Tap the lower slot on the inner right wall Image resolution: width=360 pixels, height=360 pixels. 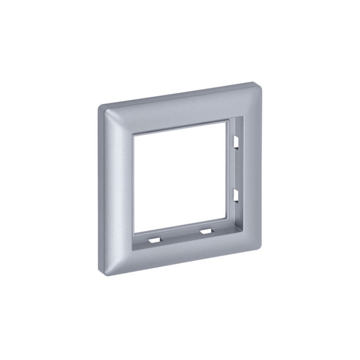point(235,195)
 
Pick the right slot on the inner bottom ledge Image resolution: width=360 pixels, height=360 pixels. point(206,231)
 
